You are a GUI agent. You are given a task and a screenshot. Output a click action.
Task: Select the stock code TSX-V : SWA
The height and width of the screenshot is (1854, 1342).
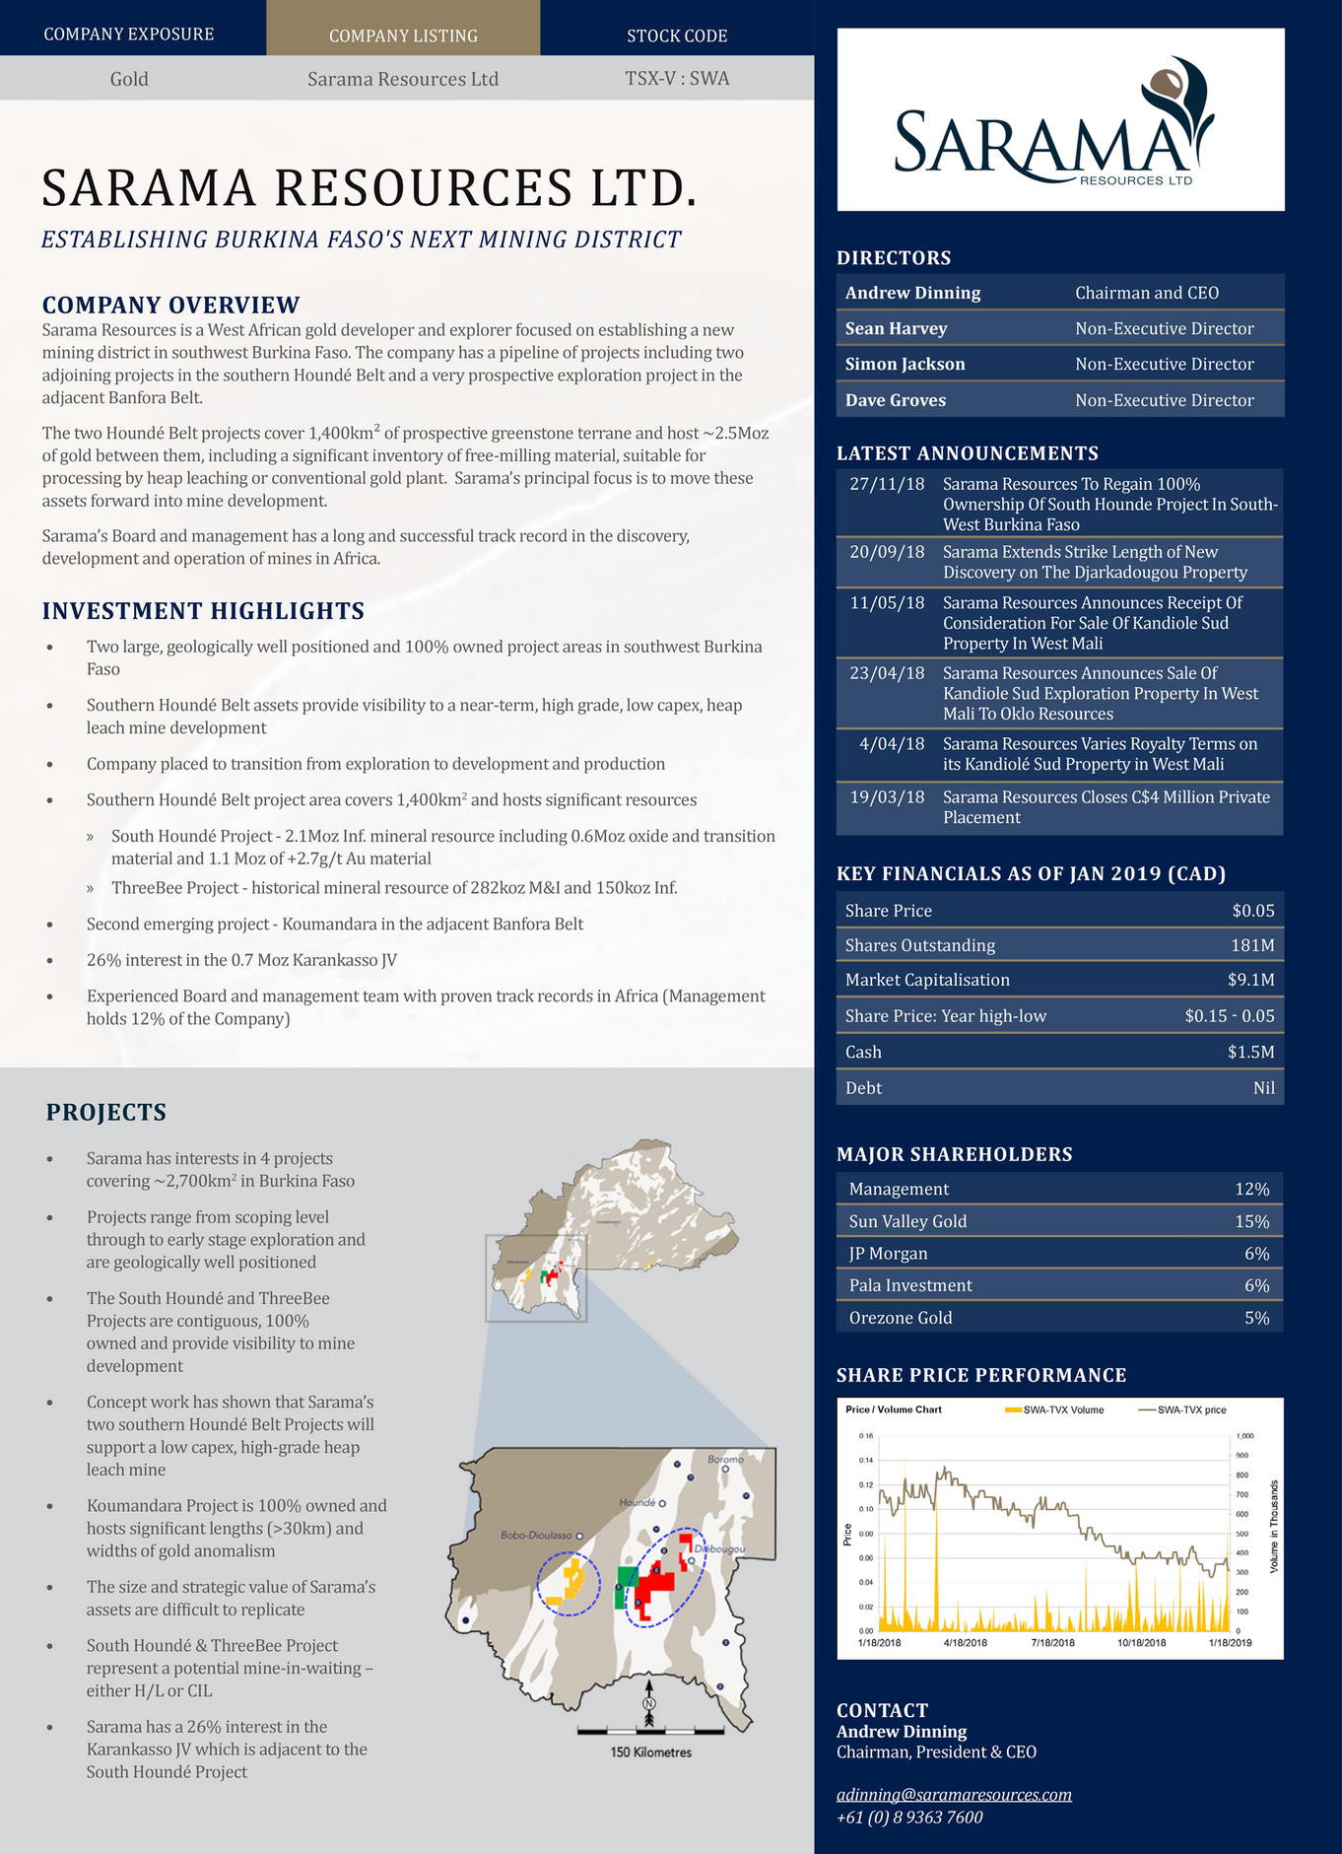pyautogui.click(x=677, y=78)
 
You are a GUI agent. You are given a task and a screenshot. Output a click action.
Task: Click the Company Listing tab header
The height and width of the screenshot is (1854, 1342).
pyautogui.click(x=403, y=35)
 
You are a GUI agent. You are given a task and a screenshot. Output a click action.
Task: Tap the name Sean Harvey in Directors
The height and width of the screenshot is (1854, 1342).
pyautogui.click(x=896, y=328)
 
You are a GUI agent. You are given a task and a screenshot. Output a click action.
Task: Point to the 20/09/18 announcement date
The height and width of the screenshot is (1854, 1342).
pyautogui.click(x=887, y=552)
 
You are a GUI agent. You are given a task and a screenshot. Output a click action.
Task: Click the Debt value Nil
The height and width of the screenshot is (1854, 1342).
pyautogui.click(x=1263, y=1088)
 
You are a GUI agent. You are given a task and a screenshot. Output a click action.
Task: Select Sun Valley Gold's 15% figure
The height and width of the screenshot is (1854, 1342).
pyautogui.click(x=1251, y=1221)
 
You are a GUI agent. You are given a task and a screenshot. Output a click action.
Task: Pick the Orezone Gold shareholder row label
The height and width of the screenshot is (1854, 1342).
pyautogui.click(x=901, y=1318)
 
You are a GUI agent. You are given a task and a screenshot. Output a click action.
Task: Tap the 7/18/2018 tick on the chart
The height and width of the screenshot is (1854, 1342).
pyautogui.click(x=1052, y=1643)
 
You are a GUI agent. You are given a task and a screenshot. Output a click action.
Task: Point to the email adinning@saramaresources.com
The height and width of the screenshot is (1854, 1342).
pyautogui.click(x=954, y=1794)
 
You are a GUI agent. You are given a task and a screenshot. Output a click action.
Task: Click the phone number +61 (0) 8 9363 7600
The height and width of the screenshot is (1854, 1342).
pyautogui.click(x=909, y=1817)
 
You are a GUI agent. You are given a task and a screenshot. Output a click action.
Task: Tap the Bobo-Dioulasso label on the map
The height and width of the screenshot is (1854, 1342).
pyautogui.click(x=536, y=1536)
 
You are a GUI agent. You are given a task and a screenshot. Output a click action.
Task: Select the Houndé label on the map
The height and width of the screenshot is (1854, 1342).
pyautogui.click(x=637, y=1503)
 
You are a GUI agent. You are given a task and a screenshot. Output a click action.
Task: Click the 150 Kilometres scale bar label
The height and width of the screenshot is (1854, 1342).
pyautogui.click(x=650, y=1752)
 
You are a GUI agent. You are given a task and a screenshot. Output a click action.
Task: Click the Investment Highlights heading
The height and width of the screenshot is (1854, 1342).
pyautogui.click(x=203, y=611)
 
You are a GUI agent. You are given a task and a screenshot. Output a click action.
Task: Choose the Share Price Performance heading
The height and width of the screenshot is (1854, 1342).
pyautogui.click(x=980, y=1375)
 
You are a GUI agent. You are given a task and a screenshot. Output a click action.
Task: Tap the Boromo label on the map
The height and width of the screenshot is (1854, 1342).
pyautogui.click(x=725, y=1459)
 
